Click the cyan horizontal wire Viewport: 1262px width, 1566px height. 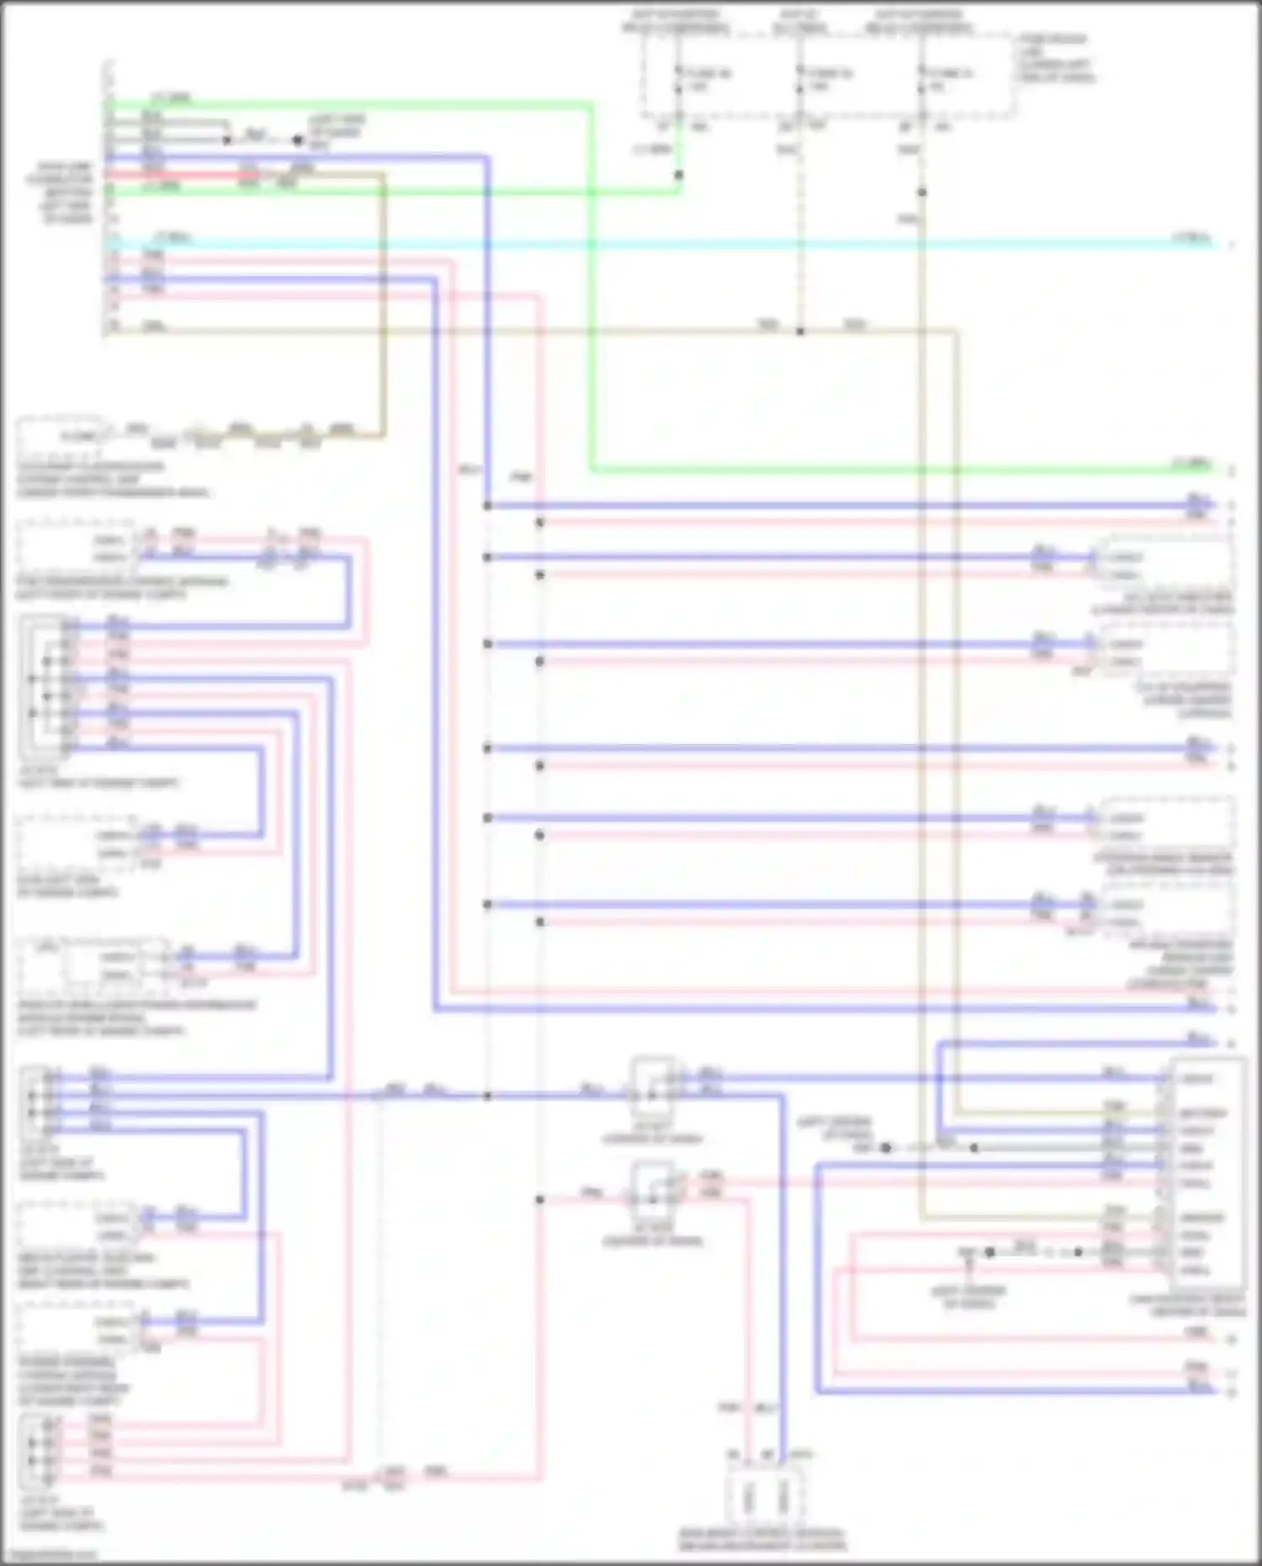[x=673, y=244]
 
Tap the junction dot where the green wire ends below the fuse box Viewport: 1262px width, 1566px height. [x=679, y=175]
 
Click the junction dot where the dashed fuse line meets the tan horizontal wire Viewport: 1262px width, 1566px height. [x=800, y=332]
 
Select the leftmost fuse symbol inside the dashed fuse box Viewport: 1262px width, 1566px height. [x=678, y=80]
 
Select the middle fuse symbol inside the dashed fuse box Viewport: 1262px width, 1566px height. [x=800, y=80]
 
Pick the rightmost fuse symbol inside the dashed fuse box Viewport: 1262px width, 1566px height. [x=921, y=80]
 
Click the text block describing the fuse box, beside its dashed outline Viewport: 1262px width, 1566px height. [x=1057, y=58]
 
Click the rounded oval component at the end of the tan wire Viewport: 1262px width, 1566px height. [x=59, y=435]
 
